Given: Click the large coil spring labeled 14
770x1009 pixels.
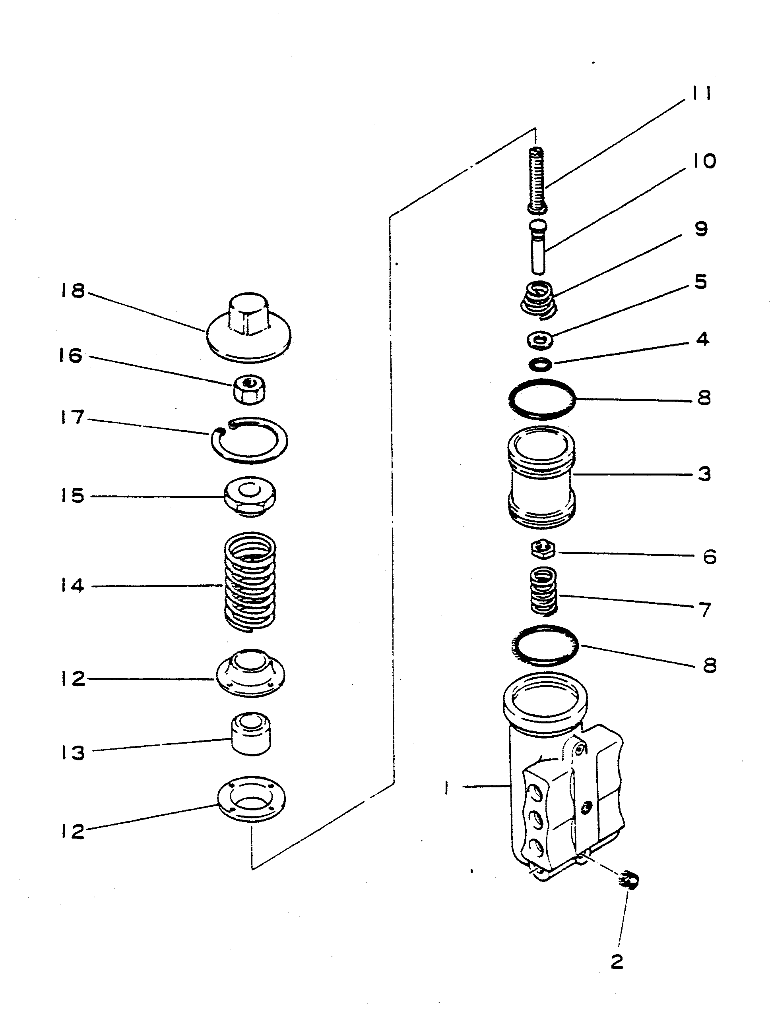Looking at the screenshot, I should pos(250,582).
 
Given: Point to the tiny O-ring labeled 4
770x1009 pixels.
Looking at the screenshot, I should pos(540,365).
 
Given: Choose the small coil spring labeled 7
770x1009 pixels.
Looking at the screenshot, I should pos(543,591).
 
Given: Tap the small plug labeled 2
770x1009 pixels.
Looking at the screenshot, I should pos(629,880).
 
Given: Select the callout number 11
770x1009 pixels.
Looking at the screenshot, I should pos(701,94).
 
